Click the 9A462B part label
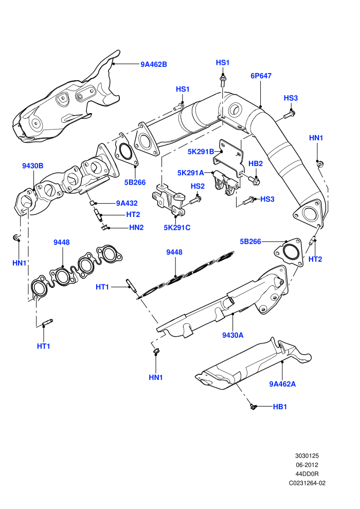click(154, 64)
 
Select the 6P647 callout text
click(261, 76)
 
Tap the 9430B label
click(32, 166)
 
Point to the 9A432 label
click(127, 203)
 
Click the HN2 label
click(136, 228)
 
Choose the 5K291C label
click(177, 228)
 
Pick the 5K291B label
click(201, 152)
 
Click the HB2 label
click(256, 163)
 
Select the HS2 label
click(197, 186)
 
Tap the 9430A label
click(233, 335)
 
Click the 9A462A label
click(282, 384)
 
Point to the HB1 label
click(280, 407)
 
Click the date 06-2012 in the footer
click(307, 465)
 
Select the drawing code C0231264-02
click(307, 483)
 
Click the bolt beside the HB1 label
click(253, 406)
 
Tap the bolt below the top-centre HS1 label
click(223, 81)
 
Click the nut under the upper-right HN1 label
click(320, 164)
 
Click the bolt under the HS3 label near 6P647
click(289, 115)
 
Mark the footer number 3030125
click(307, 456)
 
